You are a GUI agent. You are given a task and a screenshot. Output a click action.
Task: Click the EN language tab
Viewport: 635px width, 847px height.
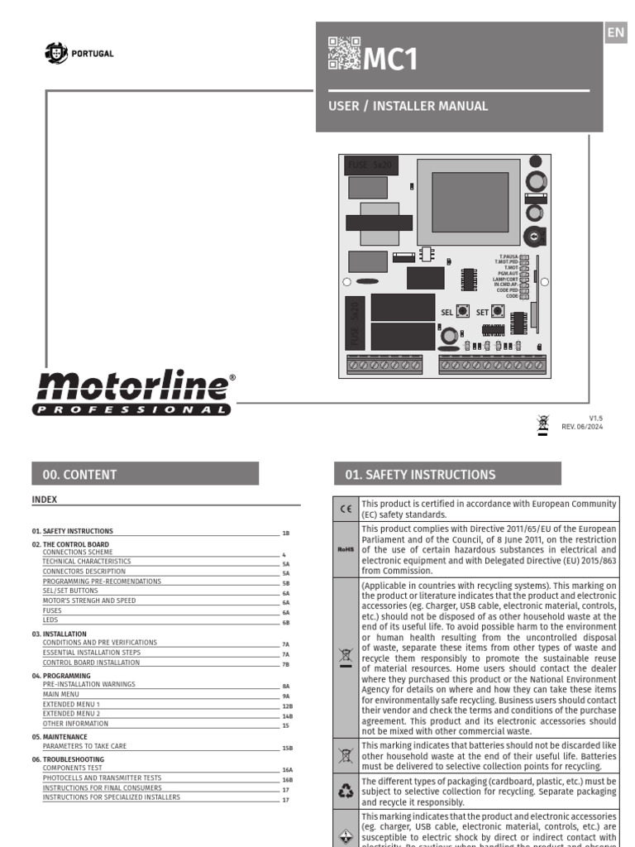click(x=615, y=33)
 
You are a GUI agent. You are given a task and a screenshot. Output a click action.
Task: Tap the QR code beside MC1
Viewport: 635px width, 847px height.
click(x=344, y=53)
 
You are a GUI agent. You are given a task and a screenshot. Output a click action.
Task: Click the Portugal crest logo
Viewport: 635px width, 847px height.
click(x=57, y=54)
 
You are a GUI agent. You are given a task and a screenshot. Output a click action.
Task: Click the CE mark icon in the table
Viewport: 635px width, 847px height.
click(x=346, y=509)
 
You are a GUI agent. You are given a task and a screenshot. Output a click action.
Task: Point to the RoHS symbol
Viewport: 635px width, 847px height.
click(x=346, y=548)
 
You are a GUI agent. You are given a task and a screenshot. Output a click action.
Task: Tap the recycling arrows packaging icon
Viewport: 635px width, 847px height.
click(x=346, y=791)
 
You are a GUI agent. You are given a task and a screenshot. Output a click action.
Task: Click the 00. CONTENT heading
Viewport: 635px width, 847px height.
click(x=79, y=475)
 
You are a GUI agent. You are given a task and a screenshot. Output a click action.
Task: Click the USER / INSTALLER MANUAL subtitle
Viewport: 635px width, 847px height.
click(x=408, y=106)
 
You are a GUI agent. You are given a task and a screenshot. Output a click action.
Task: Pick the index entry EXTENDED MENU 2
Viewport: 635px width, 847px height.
click(x=71, y=713)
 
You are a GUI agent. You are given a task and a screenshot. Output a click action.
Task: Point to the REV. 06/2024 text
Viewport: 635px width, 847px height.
click(x=584, y=426)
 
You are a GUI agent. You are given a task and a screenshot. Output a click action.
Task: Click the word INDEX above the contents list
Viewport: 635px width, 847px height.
click(x=44, y=500)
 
